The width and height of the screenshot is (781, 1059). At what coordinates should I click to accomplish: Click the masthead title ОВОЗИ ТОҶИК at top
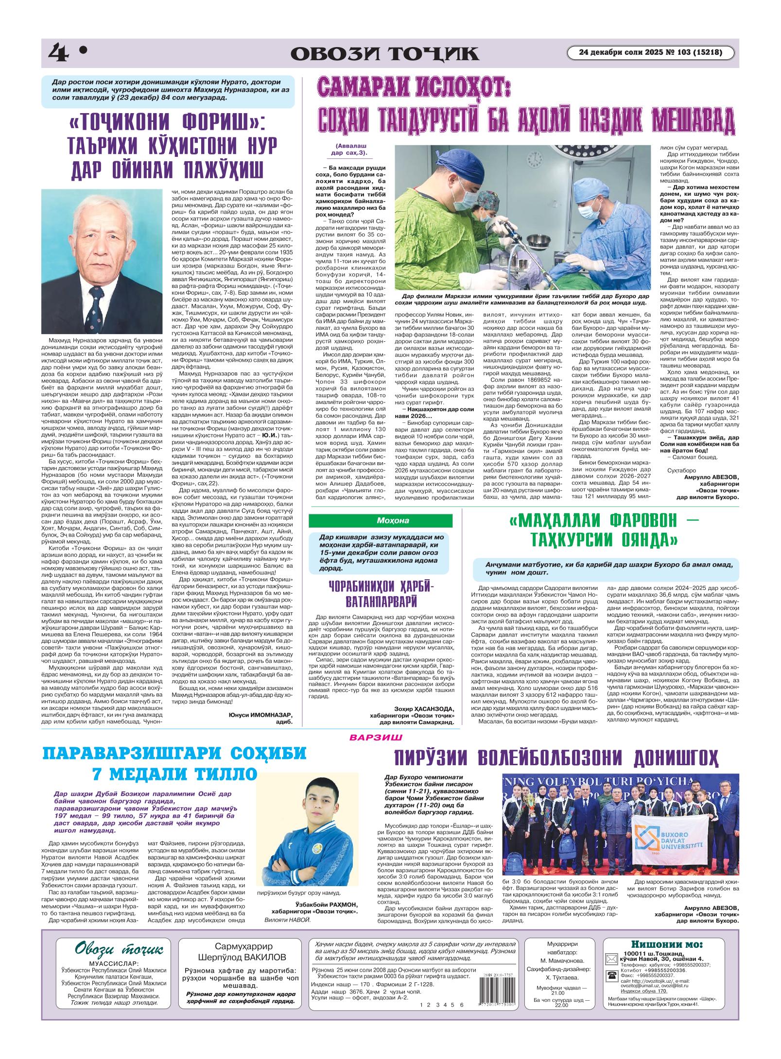point(384,53)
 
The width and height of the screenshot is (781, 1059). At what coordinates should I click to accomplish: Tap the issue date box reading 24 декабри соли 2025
point(651,52)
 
